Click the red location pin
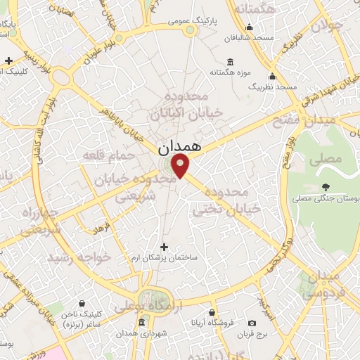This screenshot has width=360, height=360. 181,166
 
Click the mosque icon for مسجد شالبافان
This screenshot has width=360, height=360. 249,27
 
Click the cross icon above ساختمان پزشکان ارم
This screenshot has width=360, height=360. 165,247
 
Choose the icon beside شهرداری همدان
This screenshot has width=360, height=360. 142,323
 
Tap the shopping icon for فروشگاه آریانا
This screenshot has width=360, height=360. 212,312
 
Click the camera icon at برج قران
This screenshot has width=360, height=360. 252,323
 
